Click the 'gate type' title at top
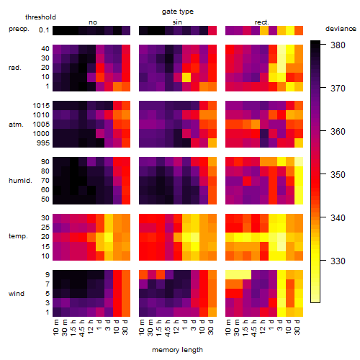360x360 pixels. (x=178, y=12)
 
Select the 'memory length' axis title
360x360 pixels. (x=177, y=350)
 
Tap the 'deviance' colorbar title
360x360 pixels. (x=341, y=29)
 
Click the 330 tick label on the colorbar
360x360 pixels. (x=338, y=261)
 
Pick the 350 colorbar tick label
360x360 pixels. (x=338, y=174)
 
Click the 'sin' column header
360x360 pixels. (x=177, y=22)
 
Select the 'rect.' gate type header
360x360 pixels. (x=261, y=22)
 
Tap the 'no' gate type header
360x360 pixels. (x=93, y=22)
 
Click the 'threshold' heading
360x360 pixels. (x=40, y=17)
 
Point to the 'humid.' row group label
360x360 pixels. (x=20, y=181)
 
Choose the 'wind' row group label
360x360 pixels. (x=17, y=294)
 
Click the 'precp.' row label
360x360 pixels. (x=19, y=29)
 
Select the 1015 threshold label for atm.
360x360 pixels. (x=41, y=106)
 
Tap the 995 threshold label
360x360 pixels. (x=43, y=143)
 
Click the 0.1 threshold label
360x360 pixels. (x=44, y=30)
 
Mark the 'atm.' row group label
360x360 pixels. (x=16, y=125)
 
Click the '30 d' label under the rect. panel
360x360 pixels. (x=297, y=327)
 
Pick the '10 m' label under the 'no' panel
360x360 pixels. (x=55, y=327)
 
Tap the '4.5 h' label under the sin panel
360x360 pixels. (x=168, y=328)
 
